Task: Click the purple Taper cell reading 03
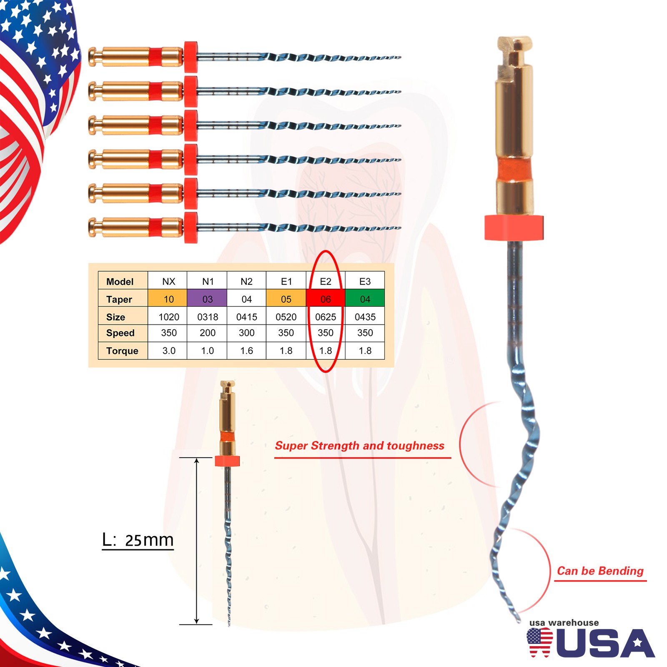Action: tap(207, 298)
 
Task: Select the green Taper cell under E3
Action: tap(365, 298)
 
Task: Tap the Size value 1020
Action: tap(169, 317)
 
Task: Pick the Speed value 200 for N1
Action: tap(208, 333)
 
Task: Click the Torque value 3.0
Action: tap(169, 351)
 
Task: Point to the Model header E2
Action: tap(326, 281)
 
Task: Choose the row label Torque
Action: tap(122, 351)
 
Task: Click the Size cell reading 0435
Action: tap(365, 317)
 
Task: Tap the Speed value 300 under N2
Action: tap(247, 333)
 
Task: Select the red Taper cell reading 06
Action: tap(326, 298)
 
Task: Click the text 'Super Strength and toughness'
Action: tap(359, 446)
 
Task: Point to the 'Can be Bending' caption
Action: tap(600, 571)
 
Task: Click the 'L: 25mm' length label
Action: tap(138, 540)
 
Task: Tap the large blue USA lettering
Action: tap(605, 643)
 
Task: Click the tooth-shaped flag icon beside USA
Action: tap(539, 642)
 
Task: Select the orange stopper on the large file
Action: tap(514, 228)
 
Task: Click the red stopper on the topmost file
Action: tap(191, 57)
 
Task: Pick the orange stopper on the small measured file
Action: tap(227, 461)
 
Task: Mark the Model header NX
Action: tap(169, 281)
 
